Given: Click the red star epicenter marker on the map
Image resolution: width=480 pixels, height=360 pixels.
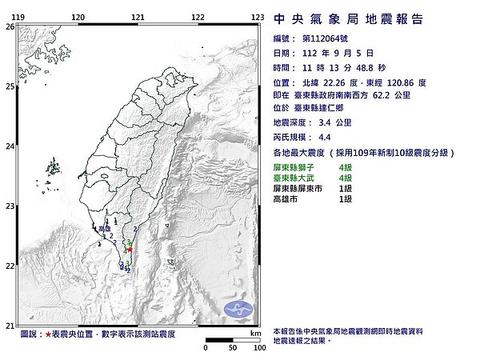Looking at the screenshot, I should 130,250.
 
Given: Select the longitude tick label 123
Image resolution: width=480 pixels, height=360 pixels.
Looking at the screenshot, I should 258,17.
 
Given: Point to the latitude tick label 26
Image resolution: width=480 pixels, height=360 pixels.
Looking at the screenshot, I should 10,26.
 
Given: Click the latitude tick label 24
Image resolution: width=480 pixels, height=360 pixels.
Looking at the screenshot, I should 10,146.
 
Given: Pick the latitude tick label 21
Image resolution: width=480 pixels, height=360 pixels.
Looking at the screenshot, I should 10,326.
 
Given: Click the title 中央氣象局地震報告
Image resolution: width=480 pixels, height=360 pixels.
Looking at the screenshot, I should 348,19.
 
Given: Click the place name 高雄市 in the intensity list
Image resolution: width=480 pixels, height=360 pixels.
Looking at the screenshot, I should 286,197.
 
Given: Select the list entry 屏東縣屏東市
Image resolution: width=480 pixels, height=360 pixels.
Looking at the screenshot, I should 297,186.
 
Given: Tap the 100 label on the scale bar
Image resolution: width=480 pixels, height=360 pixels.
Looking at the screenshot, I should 258,348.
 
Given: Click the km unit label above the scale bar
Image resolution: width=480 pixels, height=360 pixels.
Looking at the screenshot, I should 254,331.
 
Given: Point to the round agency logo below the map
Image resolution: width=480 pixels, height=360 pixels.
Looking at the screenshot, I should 238,308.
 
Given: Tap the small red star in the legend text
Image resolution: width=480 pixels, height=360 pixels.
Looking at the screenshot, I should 48,333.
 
